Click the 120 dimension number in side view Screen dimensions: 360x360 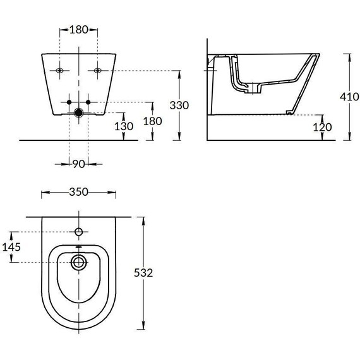[x=321, y=126]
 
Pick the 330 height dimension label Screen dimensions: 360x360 [x=179, y=105]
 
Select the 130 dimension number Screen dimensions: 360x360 [x=124, y=126]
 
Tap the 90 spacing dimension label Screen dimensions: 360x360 [x=78, y=164]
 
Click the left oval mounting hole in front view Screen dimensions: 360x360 [x=59, y=70]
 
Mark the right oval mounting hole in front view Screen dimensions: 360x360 [x=97, y=70]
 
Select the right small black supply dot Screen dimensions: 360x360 [x=88, y=102]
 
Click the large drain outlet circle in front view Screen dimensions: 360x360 [x=78, y=114]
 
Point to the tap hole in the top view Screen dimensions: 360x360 [x=78, y=231]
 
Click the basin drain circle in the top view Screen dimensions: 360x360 [x=78, y=261]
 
